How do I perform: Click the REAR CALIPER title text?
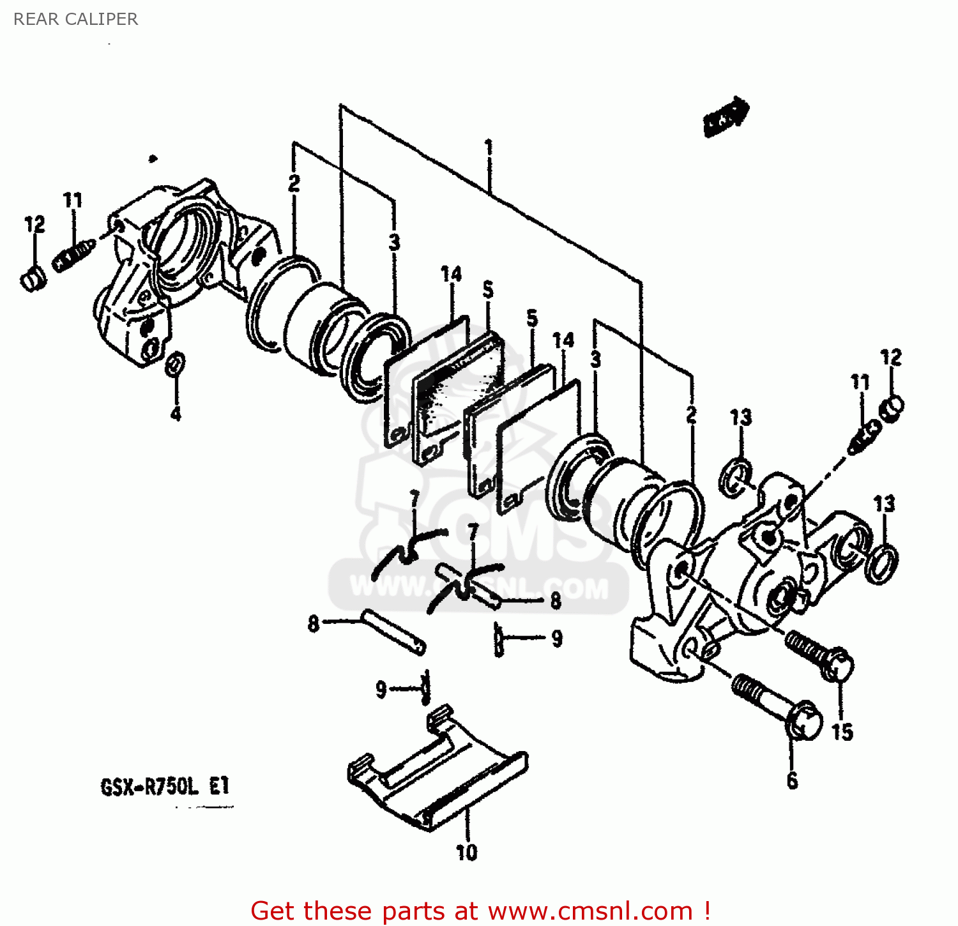click(x=75, y=19)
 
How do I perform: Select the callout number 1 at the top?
click(x=489, y=148)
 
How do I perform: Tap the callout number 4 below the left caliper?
click(x=176, y=413)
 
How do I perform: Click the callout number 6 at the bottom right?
click(x=792, y=780)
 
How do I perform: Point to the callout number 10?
click(x=466, y=852)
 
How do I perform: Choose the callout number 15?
click(x=842, y=731)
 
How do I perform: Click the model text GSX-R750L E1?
click(x=165, y=786)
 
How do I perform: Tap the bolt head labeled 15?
click(x=837, y=664)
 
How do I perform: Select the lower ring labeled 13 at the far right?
click(x=881, y=563)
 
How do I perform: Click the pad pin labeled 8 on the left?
click(x=393, y=632)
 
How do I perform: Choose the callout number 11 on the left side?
click(x=73, y=201)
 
